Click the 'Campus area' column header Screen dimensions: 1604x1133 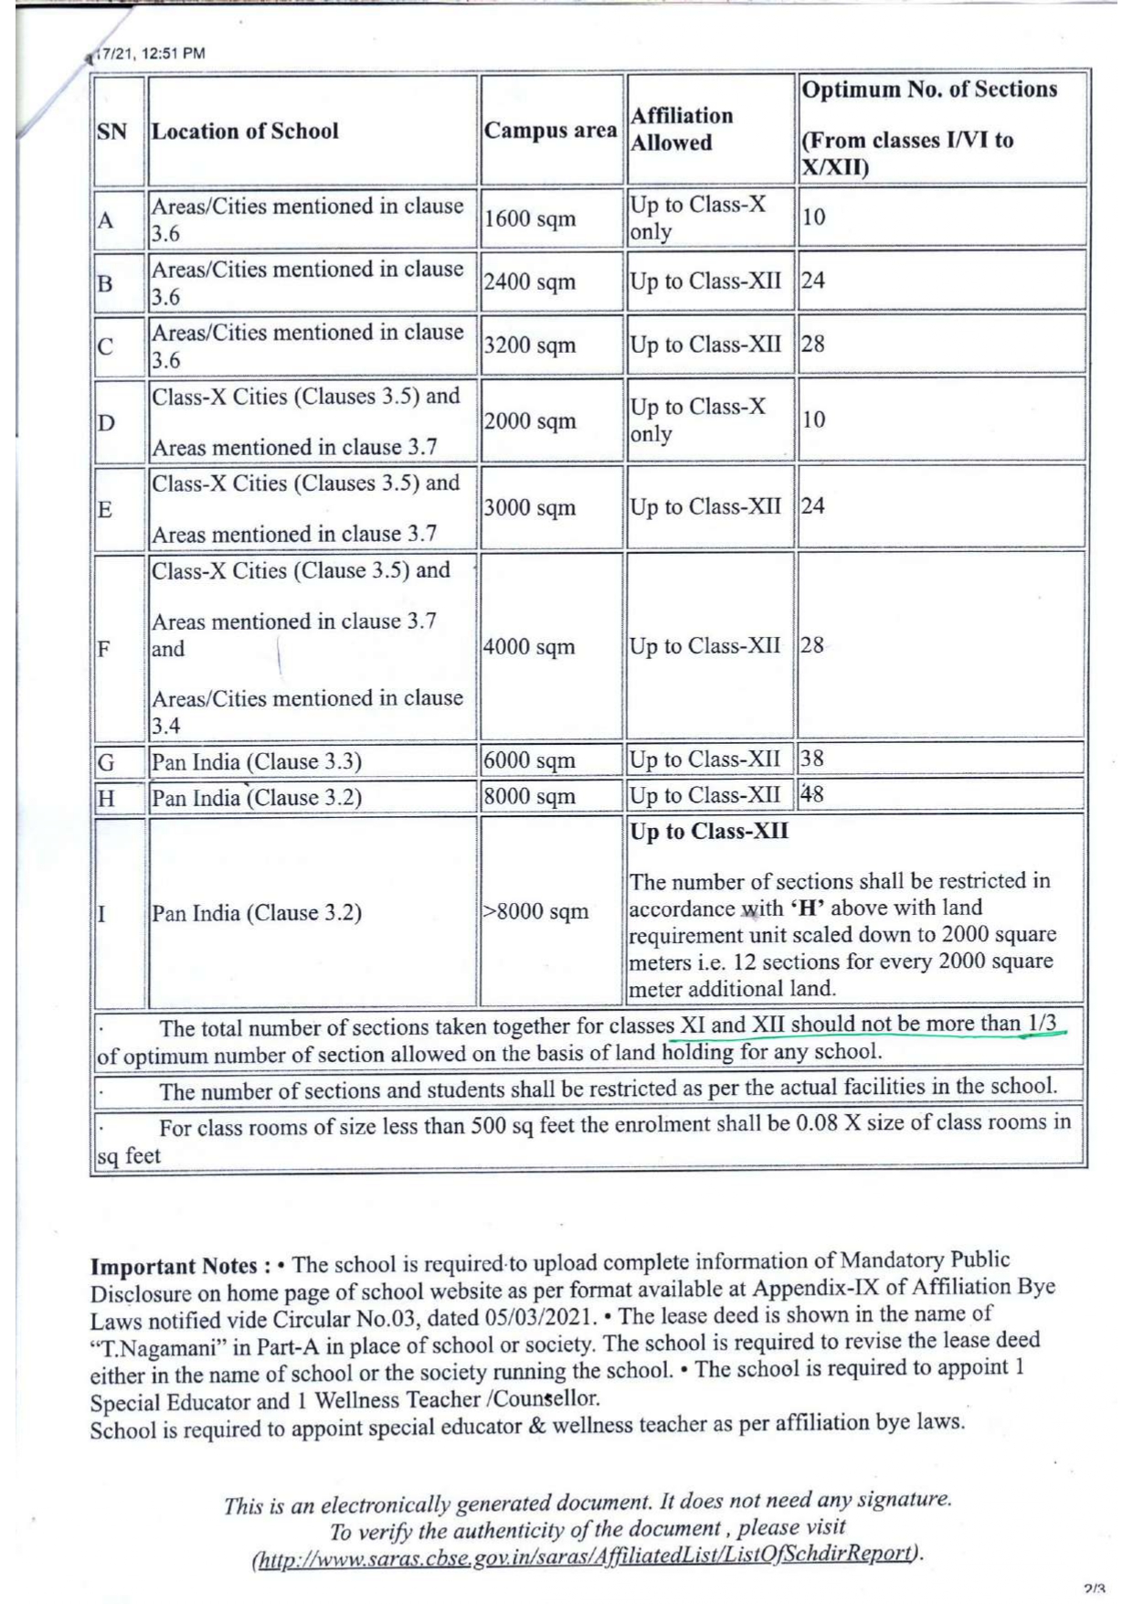coord(550,131)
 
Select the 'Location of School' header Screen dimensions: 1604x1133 coord(245,132)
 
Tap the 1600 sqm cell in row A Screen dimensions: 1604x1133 coord(530,219)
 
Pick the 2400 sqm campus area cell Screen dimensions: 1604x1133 coord(530,282)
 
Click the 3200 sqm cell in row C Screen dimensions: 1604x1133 coord(530,345)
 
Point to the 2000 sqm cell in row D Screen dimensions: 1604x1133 coord(530,421)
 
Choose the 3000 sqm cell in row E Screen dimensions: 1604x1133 coord(530,508)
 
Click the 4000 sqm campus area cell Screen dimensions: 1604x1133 coord(530,647)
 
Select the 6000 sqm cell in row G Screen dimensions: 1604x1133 coord(530,760)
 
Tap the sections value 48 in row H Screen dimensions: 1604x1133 coord(812,794)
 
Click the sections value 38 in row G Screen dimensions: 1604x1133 coord(812,759)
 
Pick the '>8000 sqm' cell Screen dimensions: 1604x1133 coord(536,912)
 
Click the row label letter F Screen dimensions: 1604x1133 coord(104,650)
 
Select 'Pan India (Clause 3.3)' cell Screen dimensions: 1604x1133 coord(257,762)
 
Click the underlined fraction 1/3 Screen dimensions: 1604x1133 coord(1042,1023)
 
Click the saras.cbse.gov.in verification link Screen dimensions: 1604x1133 coord(585,1555)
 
